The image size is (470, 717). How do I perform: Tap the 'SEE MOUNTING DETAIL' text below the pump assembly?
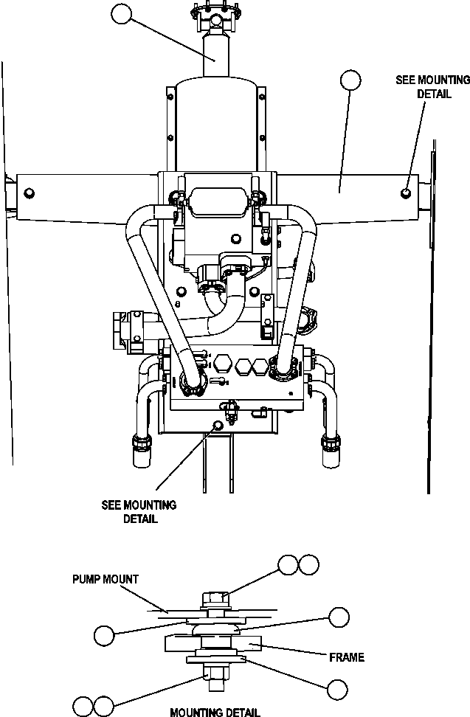click(x=139, y=512)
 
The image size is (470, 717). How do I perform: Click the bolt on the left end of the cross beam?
click(x=29, y=193)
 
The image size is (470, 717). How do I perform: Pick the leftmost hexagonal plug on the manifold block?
click(x=224, y=364)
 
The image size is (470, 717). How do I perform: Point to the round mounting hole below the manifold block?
click(x=217, y=425)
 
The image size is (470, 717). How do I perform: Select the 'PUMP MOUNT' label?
click(x=105, y=579)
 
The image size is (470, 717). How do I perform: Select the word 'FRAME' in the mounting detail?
click(x=347, y=657)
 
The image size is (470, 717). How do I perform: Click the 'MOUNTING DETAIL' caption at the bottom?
click(x=215, y=712)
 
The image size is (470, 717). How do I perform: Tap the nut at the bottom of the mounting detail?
click(x=214, y=673)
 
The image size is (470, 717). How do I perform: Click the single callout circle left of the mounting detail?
click(x=105, y=634)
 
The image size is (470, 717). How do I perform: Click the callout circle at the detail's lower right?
click(x=337, y=690)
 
